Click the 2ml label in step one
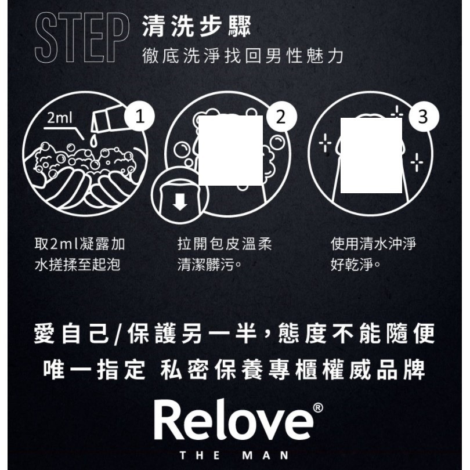click(60, 118)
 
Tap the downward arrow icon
click(180, 202)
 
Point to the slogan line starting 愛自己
click(234, 335)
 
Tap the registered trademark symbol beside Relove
click(317, 407)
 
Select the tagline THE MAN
click(234, 455)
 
